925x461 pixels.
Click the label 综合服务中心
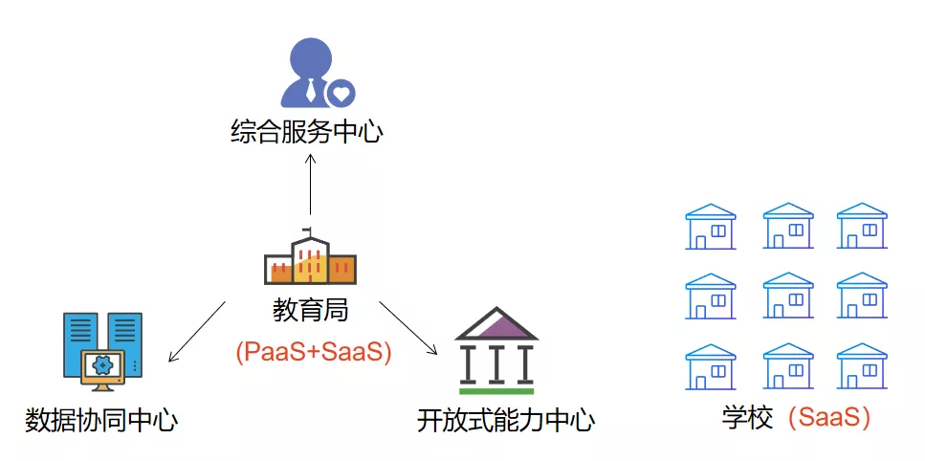point(307,132)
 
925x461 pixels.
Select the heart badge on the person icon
point(341,93)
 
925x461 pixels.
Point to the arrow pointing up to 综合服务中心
point(310,184)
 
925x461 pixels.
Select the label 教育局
point(310,310)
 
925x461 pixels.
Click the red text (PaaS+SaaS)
point(313,352)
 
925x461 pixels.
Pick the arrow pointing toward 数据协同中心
point(197,331)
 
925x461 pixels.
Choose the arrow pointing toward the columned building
point(408,328)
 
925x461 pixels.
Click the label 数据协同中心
point(101,420)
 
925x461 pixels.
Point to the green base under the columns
point(496,391)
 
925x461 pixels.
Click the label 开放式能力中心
point(506,420)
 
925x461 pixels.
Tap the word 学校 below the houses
point(747,418)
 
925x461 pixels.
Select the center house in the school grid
point(788,296)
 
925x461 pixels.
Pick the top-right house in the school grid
point(862,226)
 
